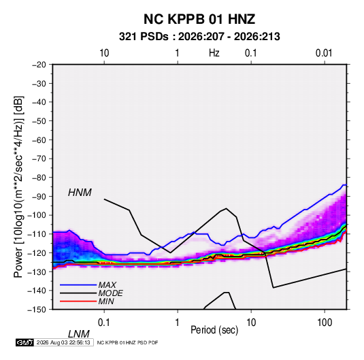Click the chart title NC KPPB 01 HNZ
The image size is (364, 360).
point(199,19)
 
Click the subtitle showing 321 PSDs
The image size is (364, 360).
point(199,37)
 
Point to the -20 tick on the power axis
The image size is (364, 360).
point(39,65)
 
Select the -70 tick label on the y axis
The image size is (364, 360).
point(39,159)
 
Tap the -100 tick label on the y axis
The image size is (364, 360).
point(37,215)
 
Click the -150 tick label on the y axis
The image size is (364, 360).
point(37,310)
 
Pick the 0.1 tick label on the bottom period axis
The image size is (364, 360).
point(104,323)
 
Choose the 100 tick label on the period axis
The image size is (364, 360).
point(325,323)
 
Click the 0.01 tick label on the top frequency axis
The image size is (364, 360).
point(324,53)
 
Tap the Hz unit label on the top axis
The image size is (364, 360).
point(214,53)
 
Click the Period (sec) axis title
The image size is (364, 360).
point(214,330)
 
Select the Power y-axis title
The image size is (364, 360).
point(18,187)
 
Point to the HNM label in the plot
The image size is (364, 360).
point(80,193)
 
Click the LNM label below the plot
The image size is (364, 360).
point(79,334)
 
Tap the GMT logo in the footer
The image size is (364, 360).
point(24,342)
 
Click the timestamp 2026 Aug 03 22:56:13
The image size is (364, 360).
point(63,342)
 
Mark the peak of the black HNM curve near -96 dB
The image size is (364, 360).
point(226,208)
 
